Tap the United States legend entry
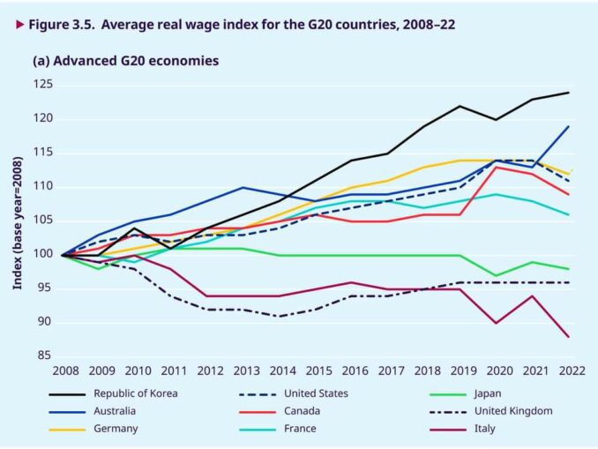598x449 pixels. click(317, 393)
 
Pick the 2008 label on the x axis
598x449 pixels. click(66, 372)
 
